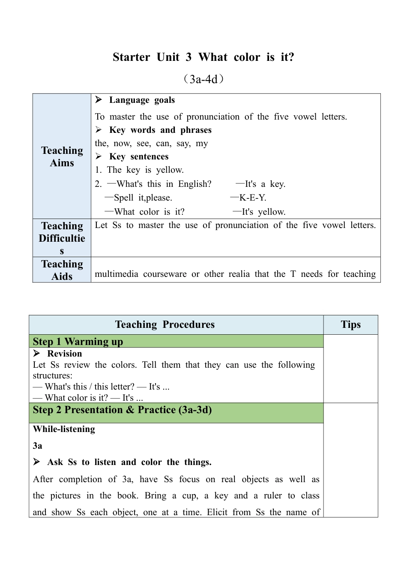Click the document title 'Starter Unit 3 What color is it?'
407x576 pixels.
point(203,57)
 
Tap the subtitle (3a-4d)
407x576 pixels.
point(203,79)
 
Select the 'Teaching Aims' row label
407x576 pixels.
point(62,156)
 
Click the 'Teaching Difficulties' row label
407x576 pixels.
point(62,238)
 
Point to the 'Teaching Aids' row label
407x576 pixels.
point(62,270)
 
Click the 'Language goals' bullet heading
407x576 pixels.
point(142,100)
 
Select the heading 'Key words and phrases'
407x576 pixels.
point(160,130)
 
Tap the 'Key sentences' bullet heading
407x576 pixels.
point(139,156)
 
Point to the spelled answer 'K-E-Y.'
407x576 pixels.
point(253,198)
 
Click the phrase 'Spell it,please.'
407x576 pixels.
point(143,198)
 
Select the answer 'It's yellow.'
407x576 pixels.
point(263,212)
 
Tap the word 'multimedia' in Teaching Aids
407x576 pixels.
point(117,274)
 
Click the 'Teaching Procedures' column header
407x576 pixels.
point(165,324)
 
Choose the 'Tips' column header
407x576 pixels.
point(350,324)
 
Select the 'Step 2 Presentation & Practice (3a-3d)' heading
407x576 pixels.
point(122,410)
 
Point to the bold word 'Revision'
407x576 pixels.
point(65,354)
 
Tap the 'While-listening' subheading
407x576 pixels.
point(64,429)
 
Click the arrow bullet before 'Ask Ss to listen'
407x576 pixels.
point(37,462)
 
